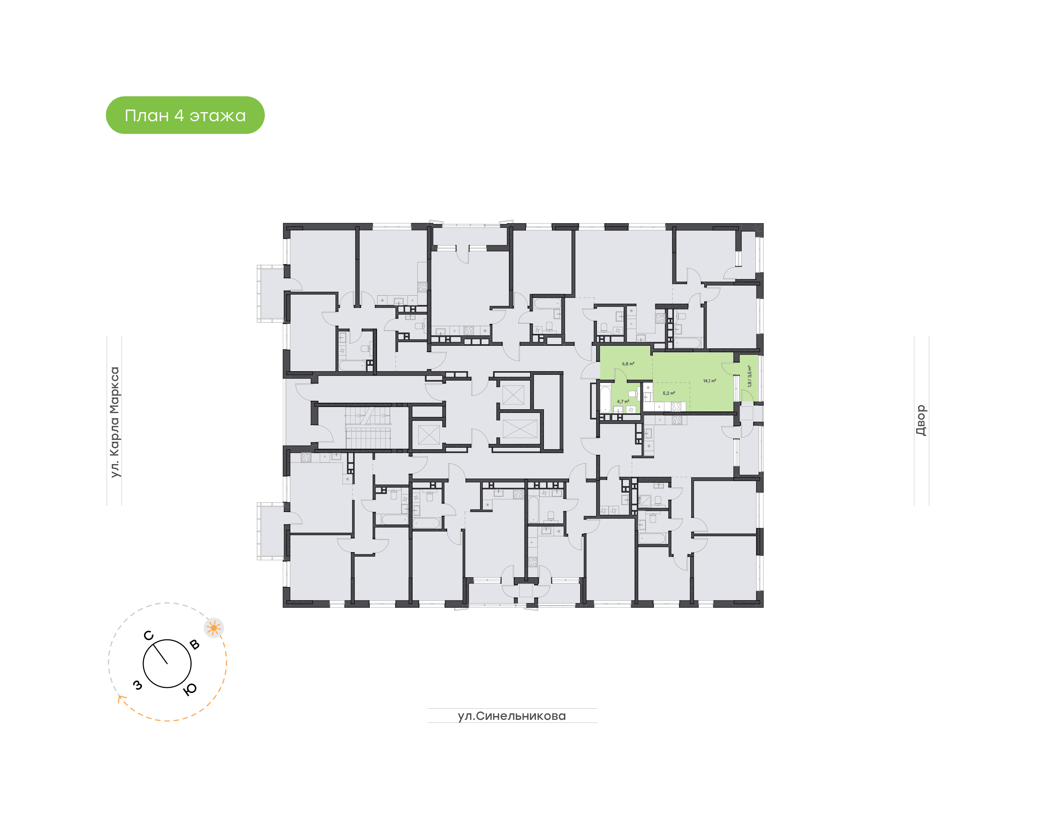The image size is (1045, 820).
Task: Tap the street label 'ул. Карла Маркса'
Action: (114, 422)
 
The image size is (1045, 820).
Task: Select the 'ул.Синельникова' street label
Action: (512, 716)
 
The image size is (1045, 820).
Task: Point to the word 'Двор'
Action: (921, 421)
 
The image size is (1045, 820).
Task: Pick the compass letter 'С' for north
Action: (149, 636)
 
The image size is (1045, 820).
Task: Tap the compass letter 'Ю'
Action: (190, 689)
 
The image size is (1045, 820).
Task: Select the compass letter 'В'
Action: (194, 644)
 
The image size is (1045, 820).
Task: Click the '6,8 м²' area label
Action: (628, 364)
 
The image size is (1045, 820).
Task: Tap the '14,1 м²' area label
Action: (709, 381)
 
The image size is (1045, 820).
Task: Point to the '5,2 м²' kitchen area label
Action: (669, 393)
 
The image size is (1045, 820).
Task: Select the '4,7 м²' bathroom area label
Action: (623, 401)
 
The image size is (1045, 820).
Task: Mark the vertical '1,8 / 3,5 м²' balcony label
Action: (749, 376)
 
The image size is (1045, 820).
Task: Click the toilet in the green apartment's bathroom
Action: (633, 394)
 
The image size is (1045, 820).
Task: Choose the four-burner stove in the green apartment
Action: (676, 407)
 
